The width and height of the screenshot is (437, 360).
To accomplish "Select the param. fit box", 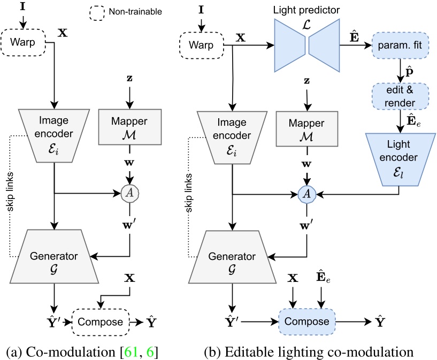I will (x=400, y=47).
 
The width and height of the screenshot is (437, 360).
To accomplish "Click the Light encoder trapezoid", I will (x=400, y=156).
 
